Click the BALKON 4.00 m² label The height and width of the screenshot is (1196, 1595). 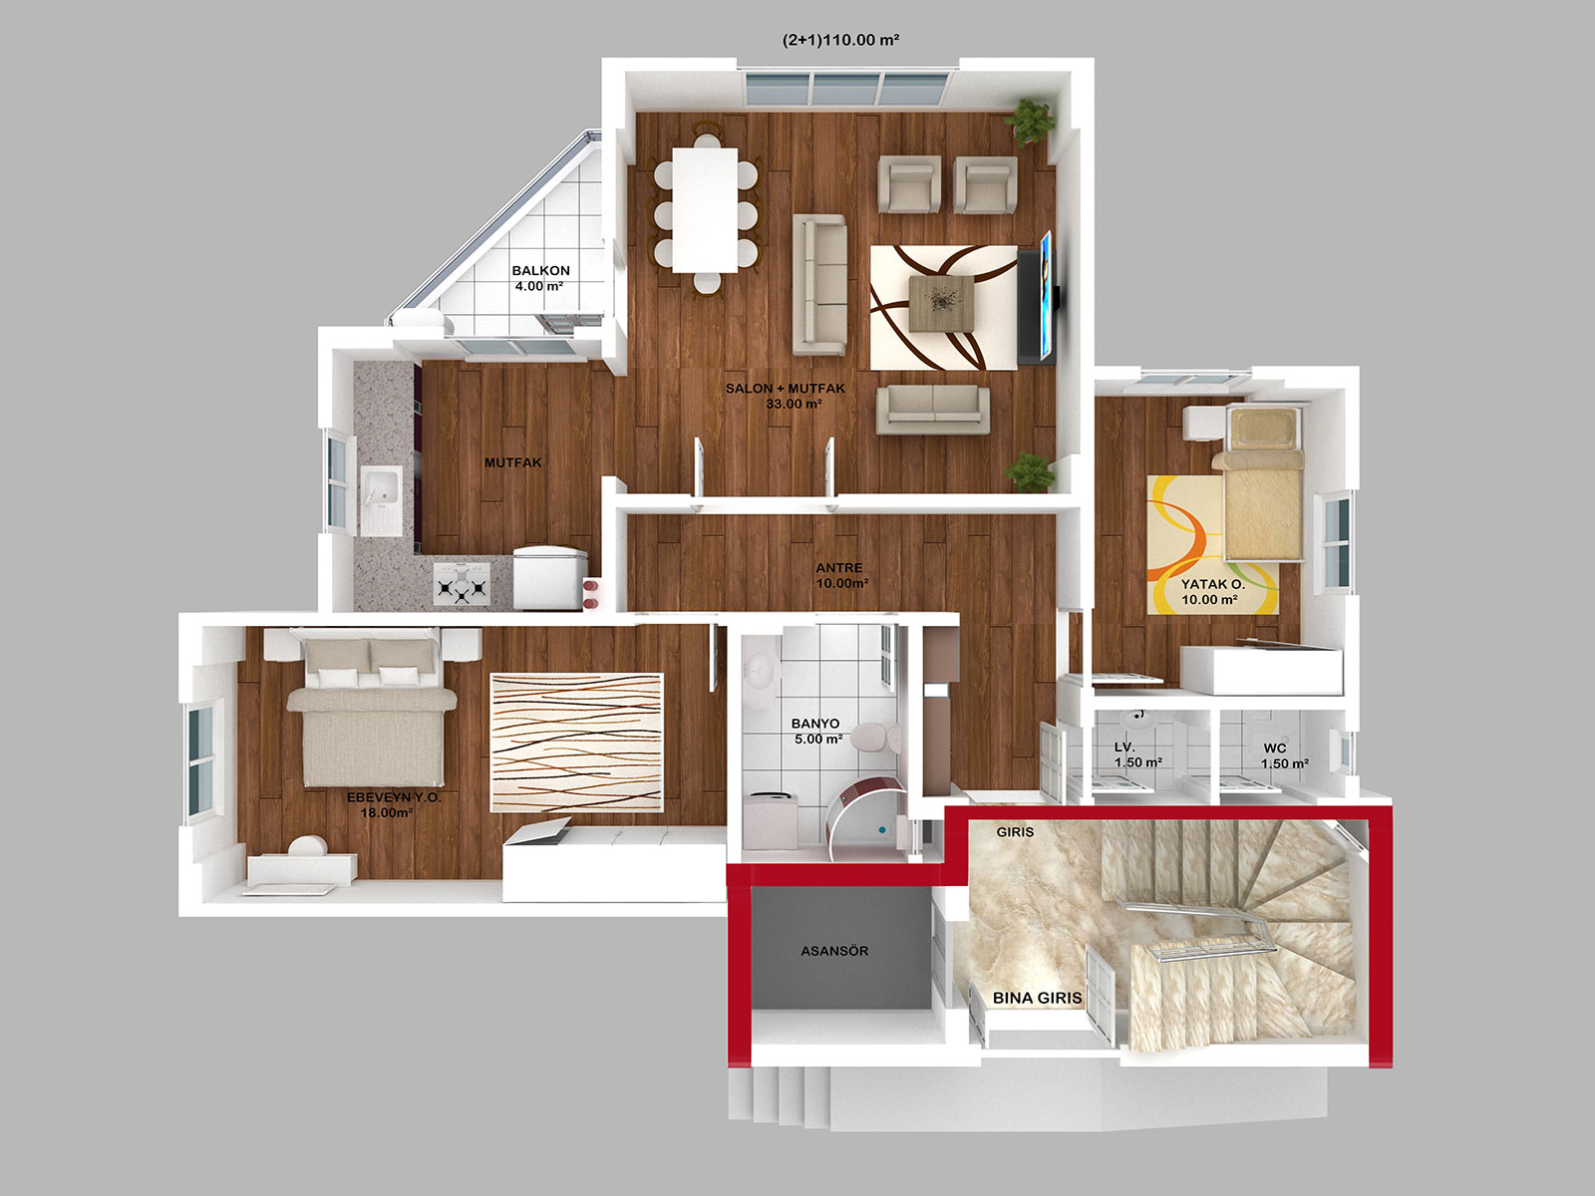(540, 278)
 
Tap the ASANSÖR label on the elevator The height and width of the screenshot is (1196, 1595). (834, 951)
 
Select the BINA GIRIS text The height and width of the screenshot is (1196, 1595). (1037, 998)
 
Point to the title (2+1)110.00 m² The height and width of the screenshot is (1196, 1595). (840, 40)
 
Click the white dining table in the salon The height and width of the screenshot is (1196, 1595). (704, 210)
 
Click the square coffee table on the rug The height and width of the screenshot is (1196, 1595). (942, 304)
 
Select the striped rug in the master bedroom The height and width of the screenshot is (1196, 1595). (577, 743)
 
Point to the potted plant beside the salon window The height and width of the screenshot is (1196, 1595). (1031, 122)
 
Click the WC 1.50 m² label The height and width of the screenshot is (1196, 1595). (1285, 755)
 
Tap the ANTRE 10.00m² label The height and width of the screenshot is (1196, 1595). (841, 575)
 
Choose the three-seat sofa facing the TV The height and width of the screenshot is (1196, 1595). (819, 284)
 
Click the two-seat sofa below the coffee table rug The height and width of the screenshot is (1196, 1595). (933, 410)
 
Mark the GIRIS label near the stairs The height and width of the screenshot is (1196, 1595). (1015, 831)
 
